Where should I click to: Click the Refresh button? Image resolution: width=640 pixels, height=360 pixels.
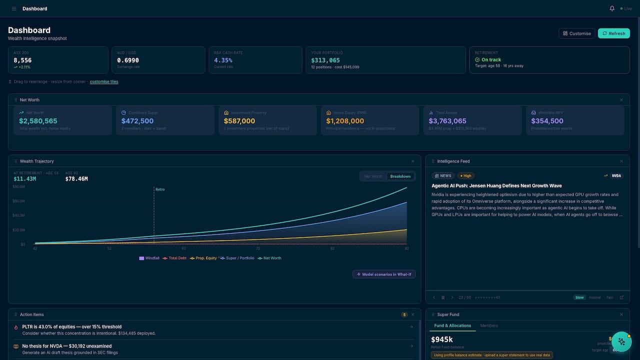tap(613, 33)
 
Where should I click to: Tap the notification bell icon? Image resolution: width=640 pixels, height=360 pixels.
tap(612, 8)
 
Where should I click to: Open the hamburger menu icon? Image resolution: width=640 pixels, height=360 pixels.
tap(13, 8)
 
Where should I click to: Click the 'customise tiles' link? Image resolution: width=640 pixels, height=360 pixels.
tap(104, 81)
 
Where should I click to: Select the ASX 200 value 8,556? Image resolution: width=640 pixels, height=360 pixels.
tap(22, 60)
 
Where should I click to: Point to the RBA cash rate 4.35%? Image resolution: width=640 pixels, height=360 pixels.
tap(223, 60)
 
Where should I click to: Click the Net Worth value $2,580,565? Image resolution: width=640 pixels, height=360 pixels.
tap(38, 121)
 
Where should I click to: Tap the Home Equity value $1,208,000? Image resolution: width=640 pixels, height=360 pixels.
tap(345, 121)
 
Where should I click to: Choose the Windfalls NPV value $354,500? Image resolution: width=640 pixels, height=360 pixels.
tap(547, 121)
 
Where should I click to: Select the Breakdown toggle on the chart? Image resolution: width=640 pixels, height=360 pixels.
tap(400, 176)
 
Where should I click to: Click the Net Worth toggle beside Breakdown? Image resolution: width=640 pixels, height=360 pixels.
tap(373, 176)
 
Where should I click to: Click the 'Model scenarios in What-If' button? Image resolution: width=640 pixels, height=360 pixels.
tap(384, 274)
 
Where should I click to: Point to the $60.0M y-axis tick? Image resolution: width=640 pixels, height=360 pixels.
tap(18, 201)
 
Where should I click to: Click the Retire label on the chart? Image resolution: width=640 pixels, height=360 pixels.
tap(160, 189)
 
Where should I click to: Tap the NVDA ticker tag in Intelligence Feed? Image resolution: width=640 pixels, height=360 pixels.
tap(616, 176)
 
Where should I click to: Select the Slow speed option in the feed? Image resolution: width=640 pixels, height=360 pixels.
tap(579, 297)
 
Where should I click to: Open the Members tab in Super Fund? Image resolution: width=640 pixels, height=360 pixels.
tap(489, 325)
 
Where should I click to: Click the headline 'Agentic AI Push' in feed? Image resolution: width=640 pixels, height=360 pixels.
tap(496, 186)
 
